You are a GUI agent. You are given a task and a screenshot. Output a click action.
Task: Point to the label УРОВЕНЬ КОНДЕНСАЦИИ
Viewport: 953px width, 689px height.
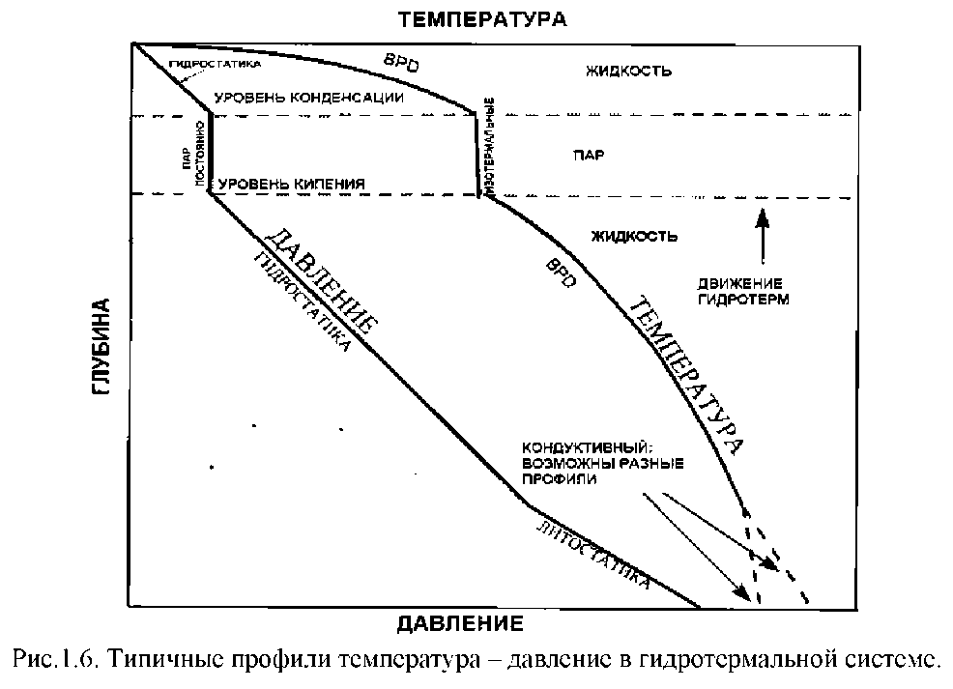point(309,98)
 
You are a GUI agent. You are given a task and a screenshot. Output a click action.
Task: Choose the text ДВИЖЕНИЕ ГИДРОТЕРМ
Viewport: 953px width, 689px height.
point(743,291)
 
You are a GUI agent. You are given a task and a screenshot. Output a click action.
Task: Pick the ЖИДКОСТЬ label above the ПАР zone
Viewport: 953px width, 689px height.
point(628,71)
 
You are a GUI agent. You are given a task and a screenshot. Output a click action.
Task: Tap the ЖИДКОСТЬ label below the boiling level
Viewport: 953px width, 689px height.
point(633,235)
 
